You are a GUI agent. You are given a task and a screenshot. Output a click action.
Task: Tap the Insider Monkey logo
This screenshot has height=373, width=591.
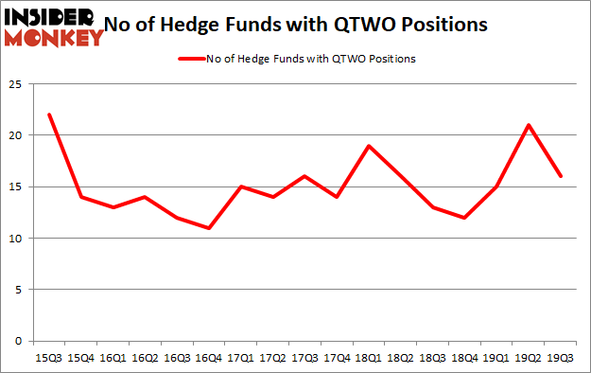pyautogui.click(x=53, y=27)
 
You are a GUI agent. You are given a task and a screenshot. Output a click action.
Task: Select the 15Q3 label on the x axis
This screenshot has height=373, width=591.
pyautogui.click(x=48, y=358)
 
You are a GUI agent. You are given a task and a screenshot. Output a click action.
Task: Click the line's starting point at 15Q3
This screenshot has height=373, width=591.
pyautogui.click(x=48, y=115)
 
